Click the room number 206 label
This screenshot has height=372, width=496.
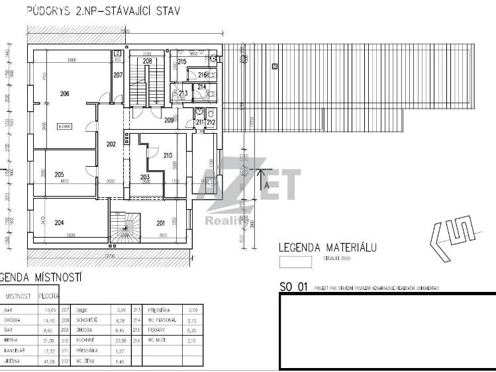coord(64,94)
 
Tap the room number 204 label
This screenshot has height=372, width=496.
coord(60,222)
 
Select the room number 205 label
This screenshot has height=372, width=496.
coord(59,174)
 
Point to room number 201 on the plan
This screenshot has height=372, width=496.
coord(160,222)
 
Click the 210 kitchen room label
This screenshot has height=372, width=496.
coord(167,155)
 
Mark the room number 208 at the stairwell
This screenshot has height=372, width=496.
coord(147,62)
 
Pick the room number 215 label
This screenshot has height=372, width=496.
coord(182,62)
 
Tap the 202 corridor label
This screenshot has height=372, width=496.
coord(111,144)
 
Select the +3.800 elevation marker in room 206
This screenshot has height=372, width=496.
coord(65,126)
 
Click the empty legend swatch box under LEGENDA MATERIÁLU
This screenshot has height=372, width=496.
coord(295,261)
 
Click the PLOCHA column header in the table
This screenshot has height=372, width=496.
coord(48,296)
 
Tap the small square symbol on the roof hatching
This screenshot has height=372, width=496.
coord(273,65)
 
